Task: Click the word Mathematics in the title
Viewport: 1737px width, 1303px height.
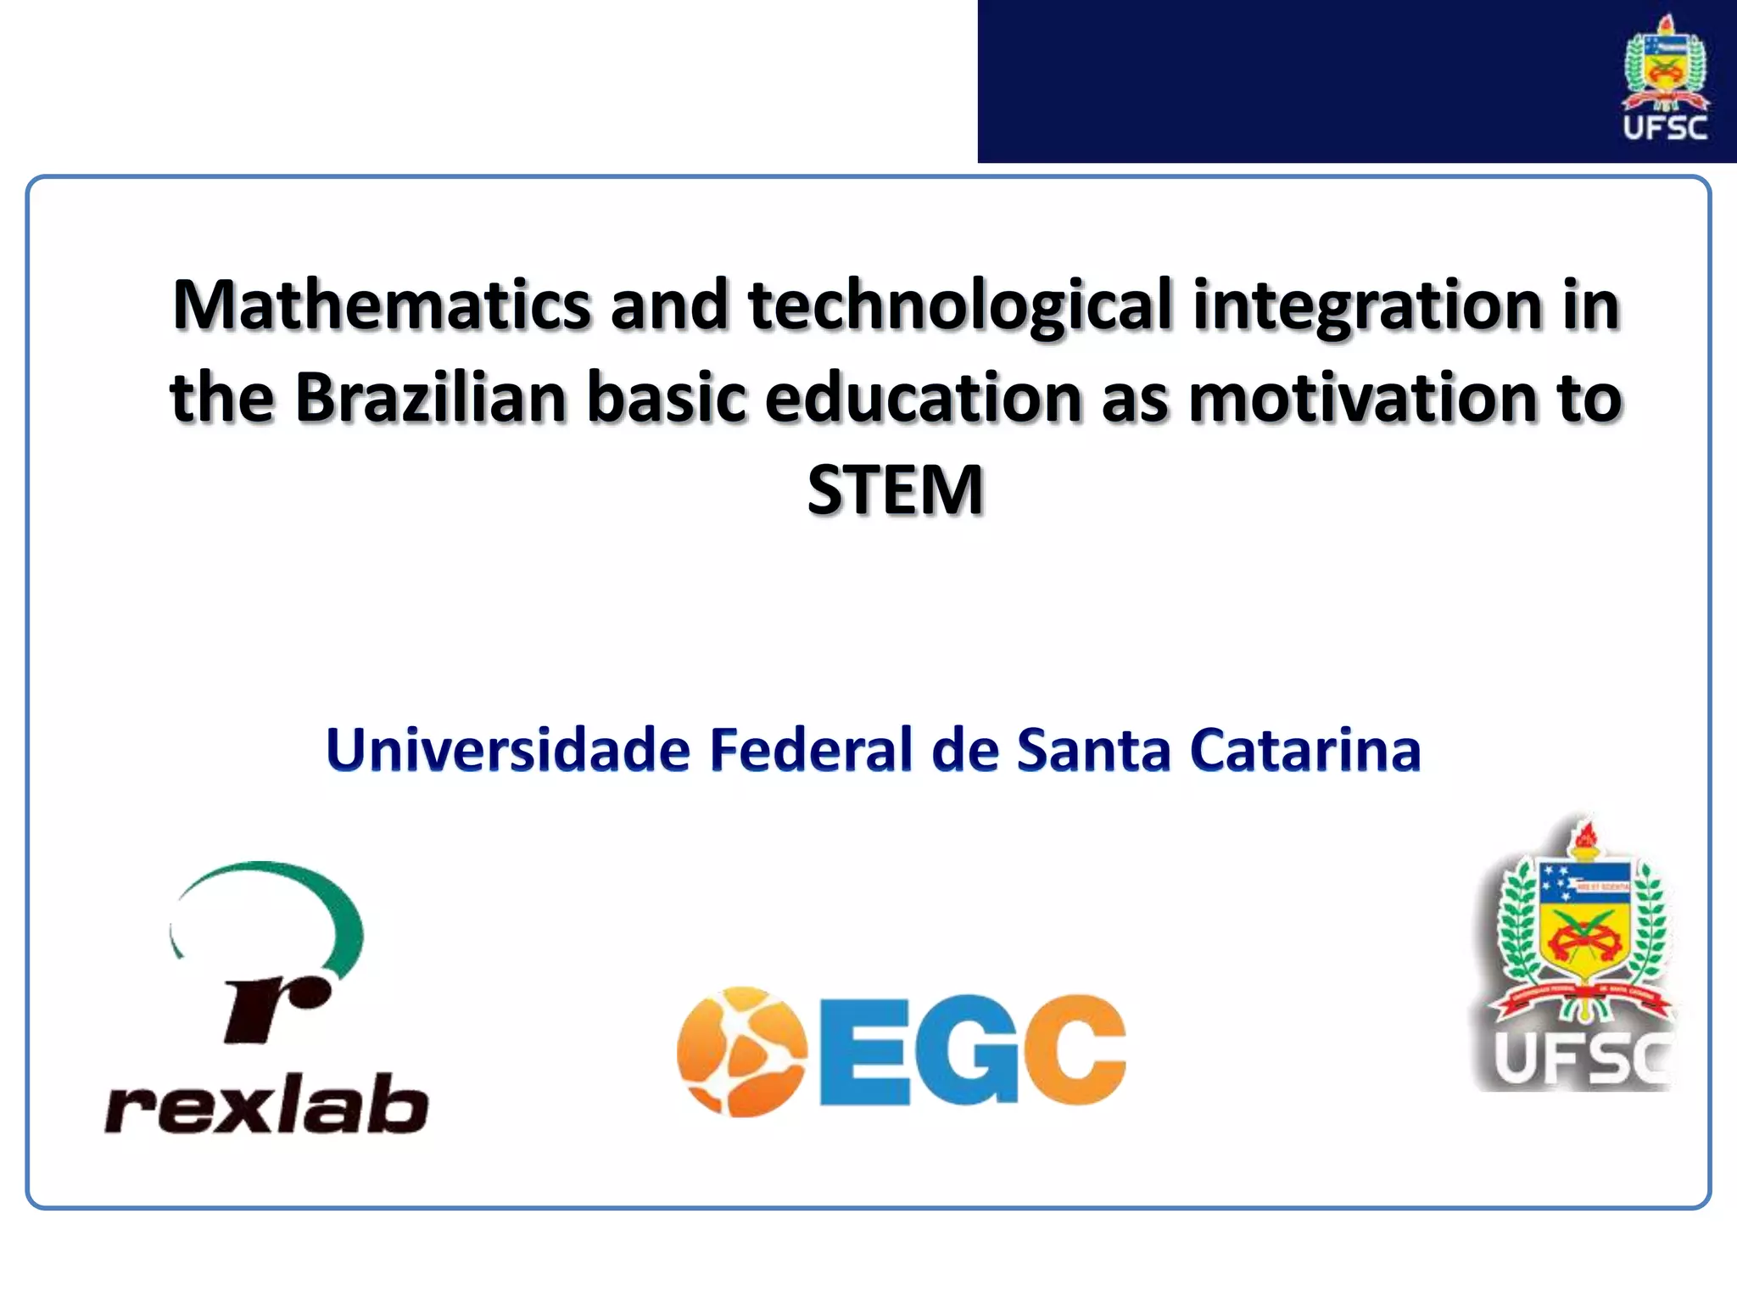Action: coord(382,305)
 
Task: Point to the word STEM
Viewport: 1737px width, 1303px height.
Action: coord(895,490)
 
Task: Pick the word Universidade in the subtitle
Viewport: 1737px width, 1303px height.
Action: coord(508,750)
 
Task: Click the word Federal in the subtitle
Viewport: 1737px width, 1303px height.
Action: coord(810,750)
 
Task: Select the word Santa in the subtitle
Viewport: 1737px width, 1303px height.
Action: coord(1093,750)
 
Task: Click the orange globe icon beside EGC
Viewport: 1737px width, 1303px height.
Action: coord(741,1051)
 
